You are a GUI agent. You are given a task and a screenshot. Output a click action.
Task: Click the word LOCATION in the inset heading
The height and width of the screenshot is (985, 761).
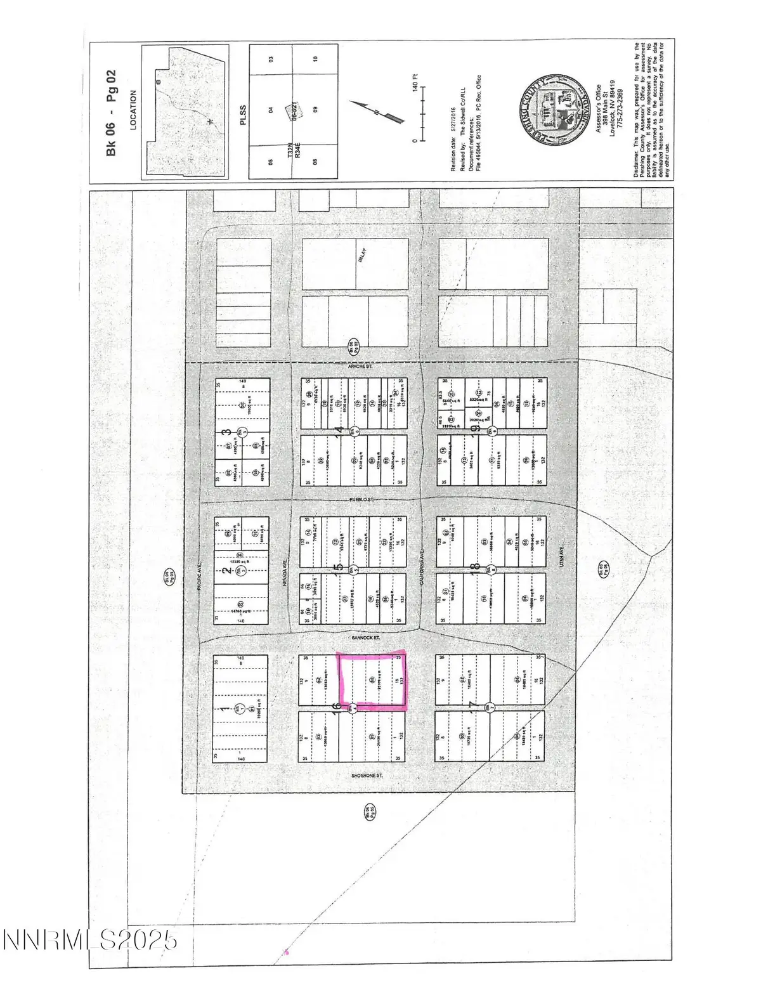133,109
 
